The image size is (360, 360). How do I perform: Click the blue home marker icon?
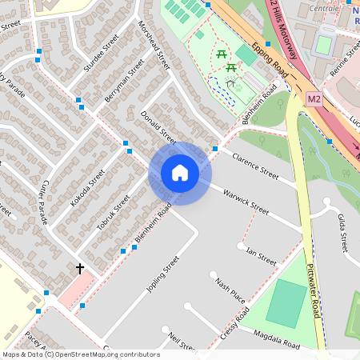coord(179,173)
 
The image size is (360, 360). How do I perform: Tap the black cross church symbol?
coord(80,269)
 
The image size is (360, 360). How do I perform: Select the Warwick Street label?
coord(246,201)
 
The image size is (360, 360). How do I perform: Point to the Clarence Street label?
coord(254,166)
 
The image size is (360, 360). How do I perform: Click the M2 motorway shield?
coord(314,98)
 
